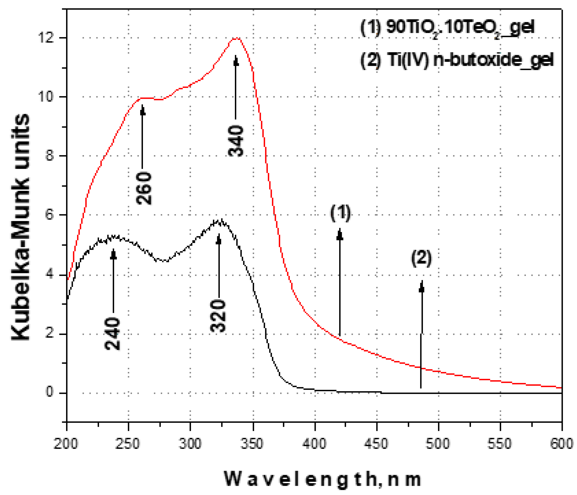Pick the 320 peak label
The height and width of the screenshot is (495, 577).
(218, 316)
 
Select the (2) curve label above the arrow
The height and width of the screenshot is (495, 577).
(421, 258)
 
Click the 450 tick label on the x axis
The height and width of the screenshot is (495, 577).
(376, 443)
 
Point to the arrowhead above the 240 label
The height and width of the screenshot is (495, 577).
(113, 254)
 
